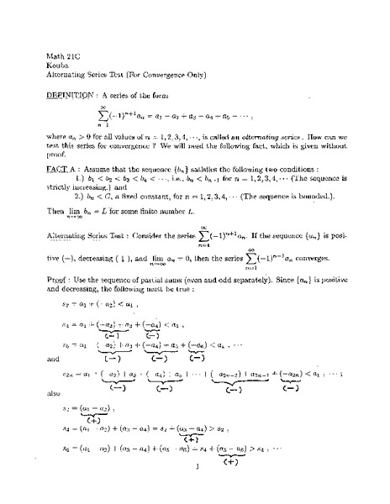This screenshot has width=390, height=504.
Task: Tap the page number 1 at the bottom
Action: click(196, 490)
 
